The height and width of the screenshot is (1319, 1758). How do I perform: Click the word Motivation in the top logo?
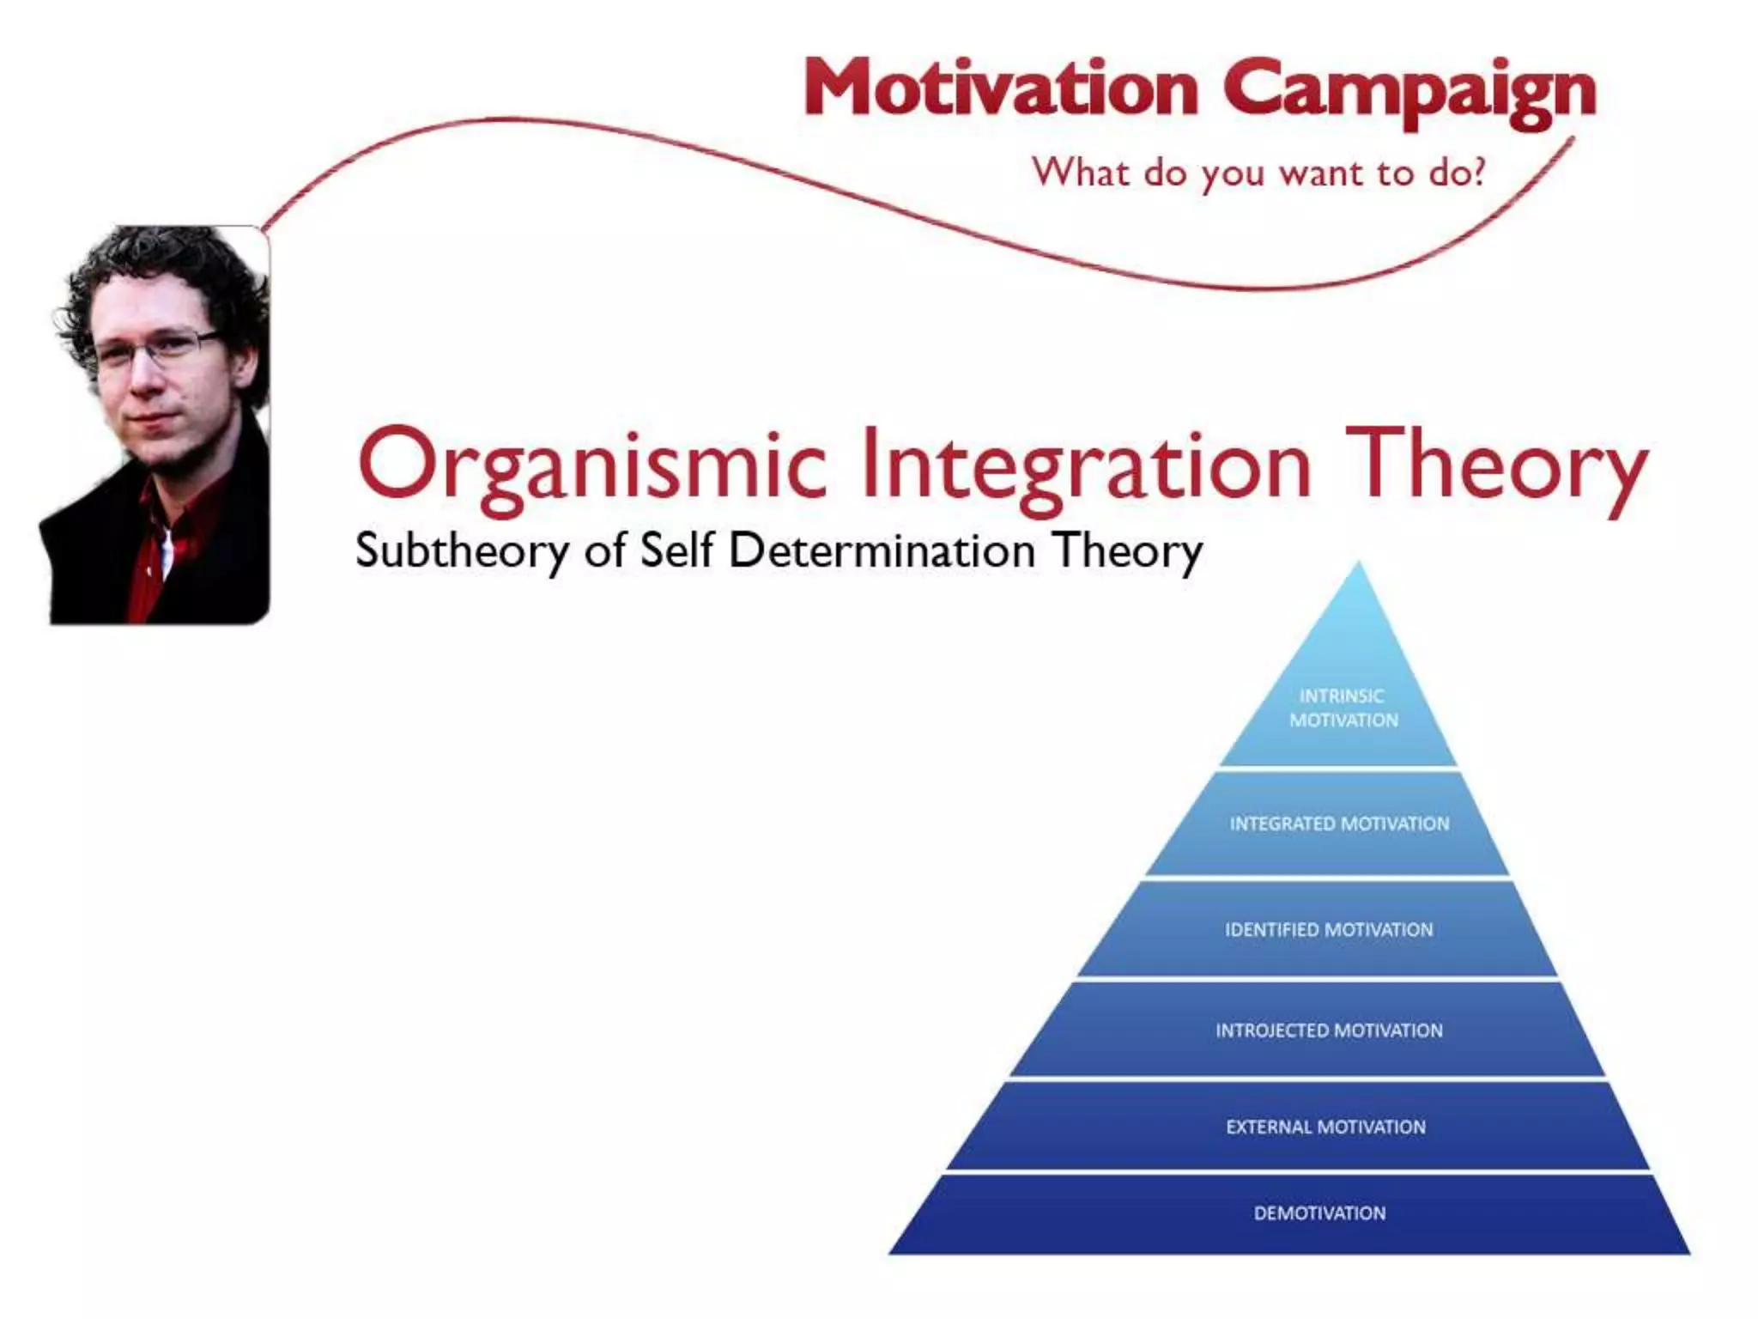pyautogui.click(x=1000, y=89)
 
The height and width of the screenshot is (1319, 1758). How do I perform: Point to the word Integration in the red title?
pyautogui.click(x=1086, y=466)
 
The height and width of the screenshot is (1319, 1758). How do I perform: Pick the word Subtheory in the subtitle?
pyautogui.click(x=462, y=550)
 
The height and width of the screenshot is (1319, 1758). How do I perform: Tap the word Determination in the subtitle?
pyautogui.click(x=882, y=550)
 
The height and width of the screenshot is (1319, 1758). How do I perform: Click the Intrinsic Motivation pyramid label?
pyautogui.click(x=1343, y=708)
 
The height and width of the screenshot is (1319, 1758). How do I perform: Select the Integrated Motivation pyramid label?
pyautogui.click(x=1339, y=824)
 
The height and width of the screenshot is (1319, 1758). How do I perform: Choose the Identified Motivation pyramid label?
pyautogui.click(x=1329, y=930)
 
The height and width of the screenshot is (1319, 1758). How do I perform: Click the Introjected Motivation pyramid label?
pyautogui.click(x=1329, y=1030)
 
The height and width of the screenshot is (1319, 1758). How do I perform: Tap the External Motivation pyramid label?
pyautogui.click(x=1325, y=1128)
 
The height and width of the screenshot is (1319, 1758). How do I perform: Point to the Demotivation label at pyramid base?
pyautogui.click(x=1319, y=1213)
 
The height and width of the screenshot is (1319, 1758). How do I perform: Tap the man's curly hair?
pyautogui.click(x=163, y=258)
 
